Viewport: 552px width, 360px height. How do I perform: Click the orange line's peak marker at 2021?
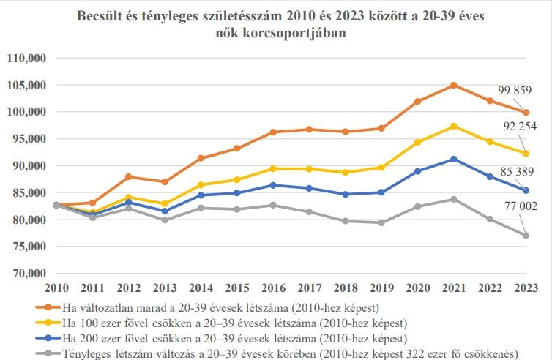[454, 86]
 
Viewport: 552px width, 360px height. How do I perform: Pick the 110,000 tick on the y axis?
[26, 59]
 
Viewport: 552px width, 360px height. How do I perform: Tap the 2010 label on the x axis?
[56, 288]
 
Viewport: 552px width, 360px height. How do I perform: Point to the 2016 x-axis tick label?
[273, 288]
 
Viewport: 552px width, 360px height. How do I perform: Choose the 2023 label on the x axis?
[526, 288]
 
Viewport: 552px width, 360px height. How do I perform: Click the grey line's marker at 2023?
[526, 236]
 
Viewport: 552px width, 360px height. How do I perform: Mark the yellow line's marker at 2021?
[454, 127]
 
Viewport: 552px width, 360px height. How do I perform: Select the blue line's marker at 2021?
[454, 159]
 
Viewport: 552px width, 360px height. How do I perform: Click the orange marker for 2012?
[129, 177]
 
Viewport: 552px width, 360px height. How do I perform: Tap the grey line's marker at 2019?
[381, 222]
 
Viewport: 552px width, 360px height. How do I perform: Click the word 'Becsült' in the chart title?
[102, 16]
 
